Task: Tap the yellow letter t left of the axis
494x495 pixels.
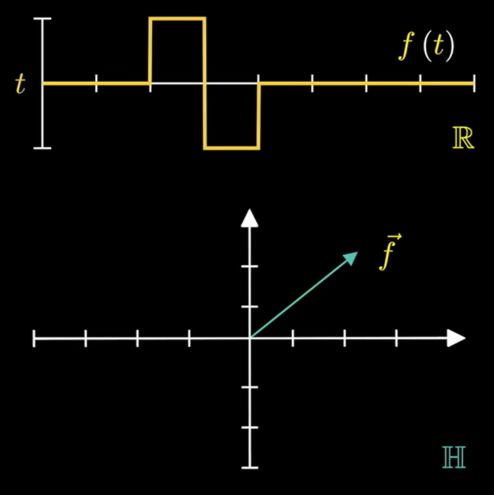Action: [20, 84]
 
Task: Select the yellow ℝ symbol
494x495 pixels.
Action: [463, 140]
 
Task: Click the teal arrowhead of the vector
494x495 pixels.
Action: [351, 258]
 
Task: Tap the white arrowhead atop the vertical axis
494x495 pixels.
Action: [250, 219]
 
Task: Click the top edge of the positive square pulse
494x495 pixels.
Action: [177, 19]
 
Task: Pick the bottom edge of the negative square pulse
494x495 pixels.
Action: [232, 148]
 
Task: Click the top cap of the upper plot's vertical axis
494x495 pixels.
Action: [43, 19]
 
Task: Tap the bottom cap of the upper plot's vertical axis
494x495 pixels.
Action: [43, 148]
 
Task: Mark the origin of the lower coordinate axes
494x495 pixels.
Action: [250, 338]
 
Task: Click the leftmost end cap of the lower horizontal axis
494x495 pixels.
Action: [34, 339]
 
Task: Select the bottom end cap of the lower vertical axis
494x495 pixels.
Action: [250, 467]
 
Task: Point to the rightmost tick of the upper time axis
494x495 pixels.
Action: [474, 84]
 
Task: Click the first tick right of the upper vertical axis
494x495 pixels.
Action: [96, 84]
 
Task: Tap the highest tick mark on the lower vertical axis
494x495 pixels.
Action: [250, 266]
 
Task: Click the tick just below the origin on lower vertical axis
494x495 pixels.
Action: [250, 387]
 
